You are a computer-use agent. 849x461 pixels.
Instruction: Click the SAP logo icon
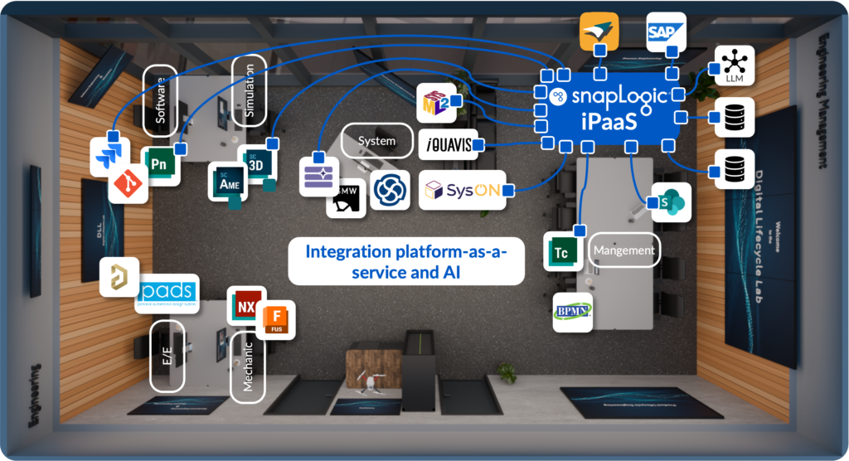point(666,32)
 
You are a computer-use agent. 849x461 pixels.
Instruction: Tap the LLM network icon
point(734,66)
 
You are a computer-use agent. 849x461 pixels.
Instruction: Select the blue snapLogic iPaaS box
point(609,108)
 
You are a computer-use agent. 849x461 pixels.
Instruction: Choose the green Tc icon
point(561,252)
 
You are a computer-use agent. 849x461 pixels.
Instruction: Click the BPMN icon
point(572,312)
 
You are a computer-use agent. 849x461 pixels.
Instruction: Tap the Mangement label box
point(623,250)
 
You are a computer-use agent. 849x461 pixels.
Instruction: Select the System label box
point(376,141)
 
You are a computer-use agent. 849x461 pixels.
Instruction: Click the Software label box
point(160,95)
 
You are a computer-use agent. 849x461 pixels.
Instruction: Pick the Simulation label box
point(250,91)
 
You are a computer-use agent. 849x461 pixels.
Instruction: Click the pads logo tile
point(167,293)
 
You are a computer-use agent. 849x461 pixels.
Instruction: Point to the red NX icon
point(245,305)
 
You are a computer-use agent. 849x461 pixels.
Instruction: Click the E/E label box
point(167,357)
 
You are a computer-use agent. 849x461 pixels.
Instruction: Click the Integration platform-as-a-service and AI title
point(406,260)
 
